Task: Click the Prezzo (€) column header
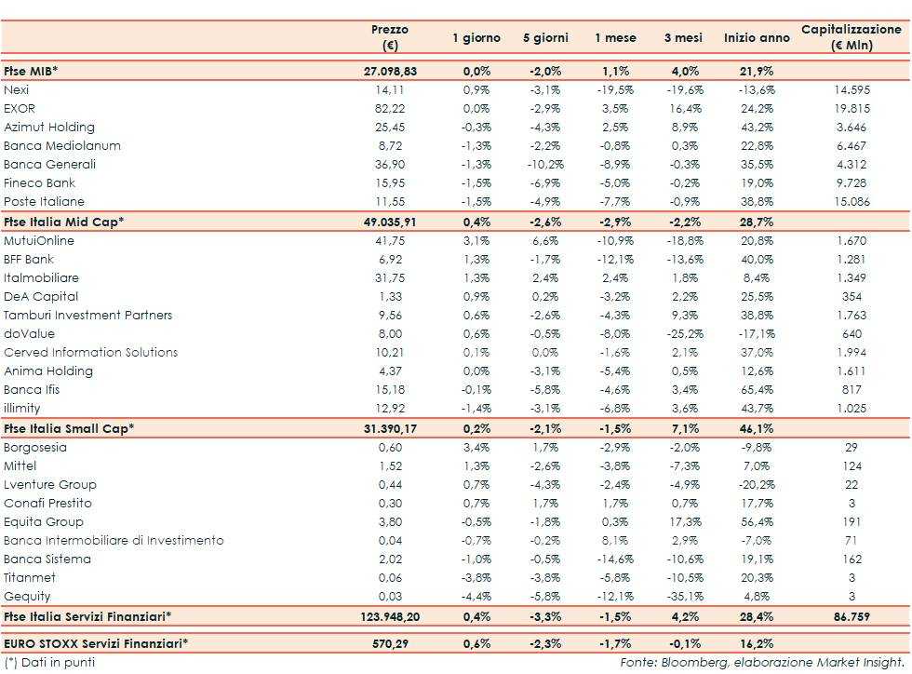tap(389, 37)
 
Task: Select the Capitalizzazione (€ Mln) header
tap(852, 37)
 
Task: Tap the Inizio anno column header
tap(757, 38)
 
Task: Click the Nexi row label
tap(17, 90)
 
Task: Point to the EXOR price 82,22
tap(391, 109)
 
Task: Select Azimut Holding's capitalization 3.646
tap(852, 128)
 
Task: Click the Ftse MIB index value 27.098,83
tap(391, 71)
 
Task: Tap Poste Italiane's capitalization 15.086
tap(852, 202)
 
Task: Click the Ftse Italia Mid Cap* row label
tap(64, 222)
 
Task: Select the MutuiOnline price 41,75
tap(391, 241)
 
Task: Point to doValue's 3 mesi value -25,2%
tap(684, 334)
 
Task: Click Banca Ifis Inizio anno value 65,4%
tap(757, 390)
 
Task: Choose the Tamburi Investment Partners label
tap(88, 316)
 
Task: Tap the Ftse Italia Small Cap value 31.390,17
tap(391, 428)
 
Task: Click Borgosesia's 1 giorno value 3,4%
tap(476, 448)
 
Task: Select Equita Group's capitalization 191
tap(852, 522)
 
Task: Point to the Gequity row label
tap(27, 597)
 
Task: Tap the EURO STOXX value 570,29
tap(391, 642)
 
